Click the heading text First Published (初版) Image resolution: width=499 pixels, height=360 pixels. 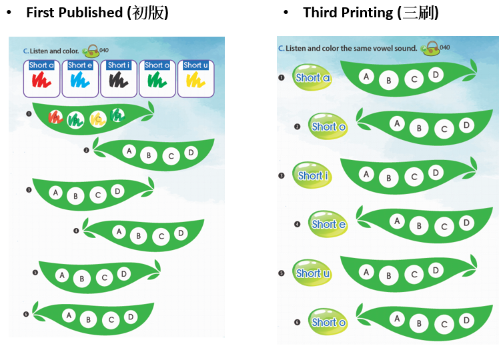97,13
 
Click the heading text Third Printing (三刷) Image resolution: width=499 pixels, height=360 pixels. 370,13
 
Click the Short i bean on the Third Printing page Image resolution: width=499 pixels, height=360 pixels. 312,175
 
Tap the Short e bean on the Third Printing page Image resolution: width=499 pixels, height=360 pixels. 328,225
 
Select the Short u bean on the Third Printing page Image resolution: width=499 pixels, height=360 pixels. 312,273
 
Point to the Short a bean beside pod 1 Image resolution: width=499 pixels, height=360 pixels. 312,77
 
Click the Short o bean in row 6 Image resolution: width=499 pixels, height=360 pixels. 328,322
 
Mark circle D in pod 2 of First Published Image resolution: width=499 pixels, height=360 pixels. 191,153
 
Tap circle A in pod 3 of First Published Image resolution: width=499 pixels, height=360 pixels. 56,193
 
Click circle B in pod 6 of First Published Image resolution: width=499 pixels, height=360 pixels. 88,320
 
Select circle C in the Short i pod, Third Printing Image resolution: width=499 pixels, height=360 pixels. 414,177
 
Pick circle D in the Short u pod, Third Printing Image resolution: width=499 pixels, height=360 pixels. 436,270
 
